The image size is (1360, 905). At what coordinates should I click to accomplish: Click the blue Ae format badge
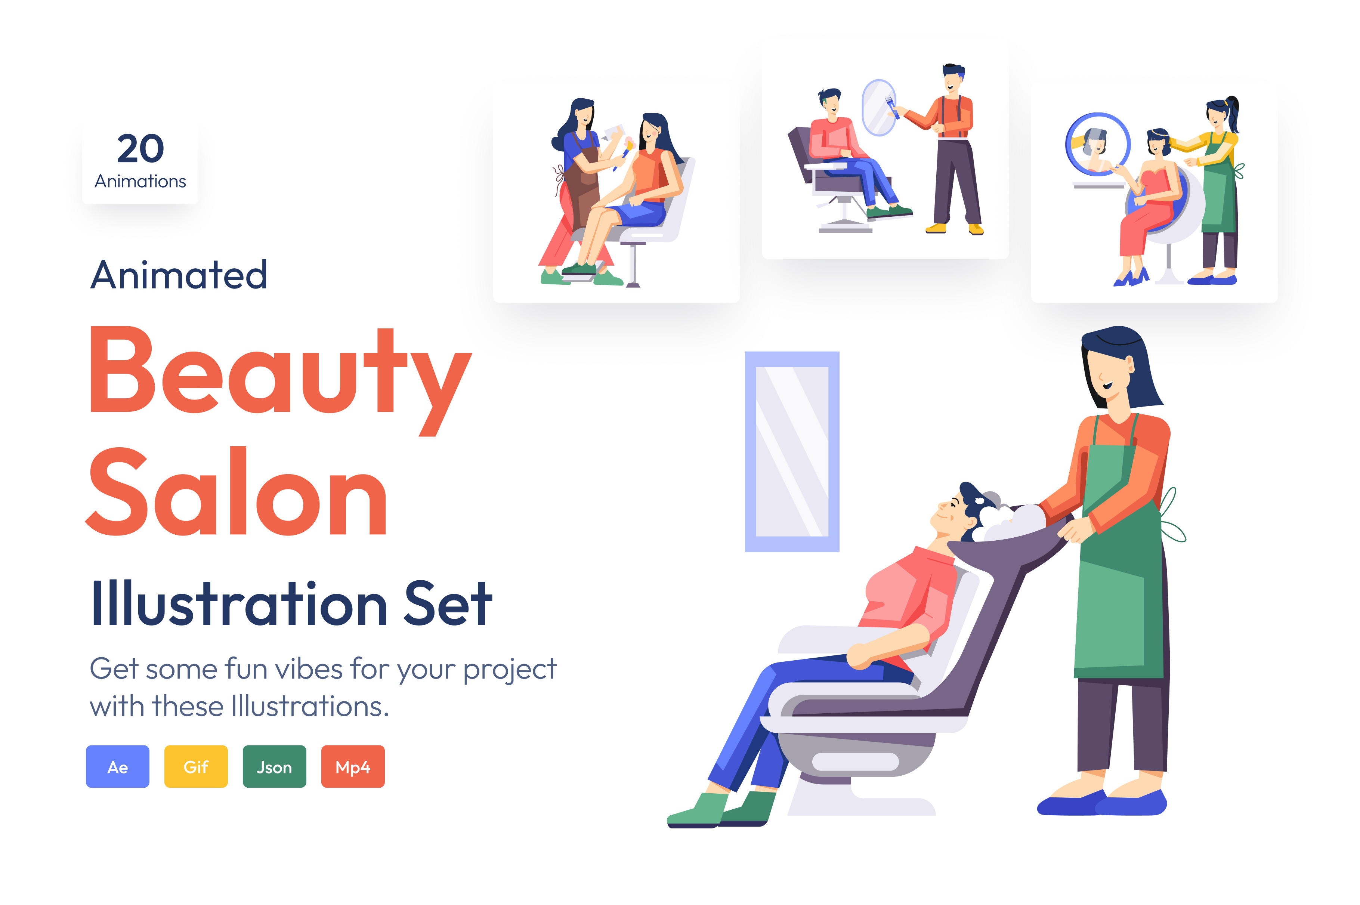tap(117, 766)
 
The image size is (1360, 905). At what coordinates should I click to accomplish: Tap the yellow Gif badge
tap(196, 766)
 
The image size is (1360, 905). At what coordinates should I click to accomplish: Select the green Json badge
tap(274, 766)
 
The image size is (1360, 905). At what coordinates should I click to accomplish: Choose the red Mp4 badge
tap(353, 766)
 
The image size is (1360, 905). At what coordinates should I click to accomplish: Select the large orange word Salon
tap(237, 491)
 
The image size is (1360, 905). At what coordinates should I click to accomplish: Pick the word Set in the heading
tap(448, 603)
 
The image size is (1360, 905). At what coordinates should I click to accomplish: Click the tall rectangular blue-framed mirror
tap(792, 451)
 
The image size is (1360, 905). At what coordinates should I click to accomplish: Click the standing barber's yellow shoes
tap(955, 229)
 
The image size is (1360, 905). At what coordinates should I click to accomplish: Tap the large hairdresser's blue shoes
tap(1102, 802)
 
